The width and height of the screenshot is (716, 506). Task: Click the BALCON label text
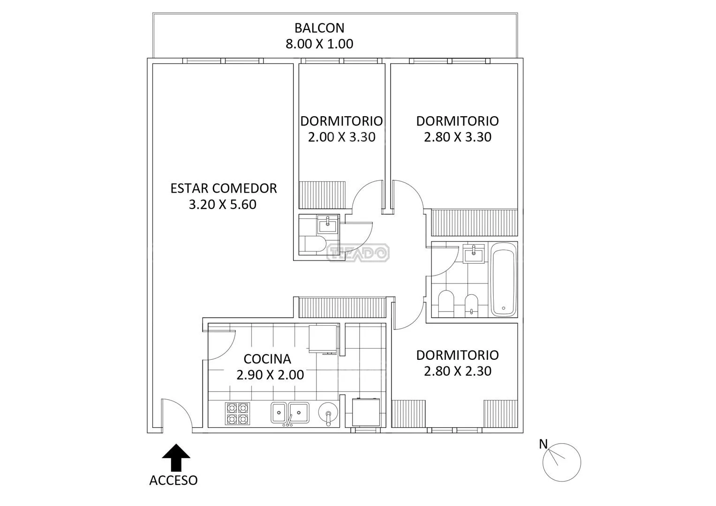tap(319, 28)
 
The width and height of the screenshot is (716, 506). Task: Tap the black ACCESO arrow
tap(176, 457)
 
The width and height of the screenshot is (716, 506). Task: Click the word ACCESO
tap(173, 480)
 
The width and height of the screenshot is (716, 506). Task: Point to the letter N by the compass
tap(543, 444)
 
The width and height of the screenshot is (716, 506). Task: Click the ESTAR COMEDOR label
tap(224, 188)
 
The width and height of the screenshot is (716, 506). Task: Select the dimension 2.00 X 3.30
tap(342, 137)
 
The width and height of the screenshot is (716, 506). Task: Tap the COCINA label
tap(267, 359)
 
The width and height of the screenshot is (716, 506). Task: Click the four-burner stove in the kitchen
tap(238, 413)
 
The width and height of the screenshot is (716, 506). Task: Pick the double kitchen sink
tap(290, 413)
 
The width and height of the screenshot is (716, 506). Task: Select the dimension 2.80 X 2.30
tap(458, 371)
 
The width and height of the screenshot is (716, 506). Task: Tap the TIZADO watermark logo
tap(358, 253)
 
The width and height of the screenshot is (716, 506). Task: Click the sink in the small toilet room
tap(327, 224)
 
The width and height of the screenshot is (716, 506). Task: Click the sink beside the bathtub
tap(474, 254)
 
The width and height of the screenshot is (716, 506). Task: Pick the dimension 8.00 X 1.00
tap(319, 44)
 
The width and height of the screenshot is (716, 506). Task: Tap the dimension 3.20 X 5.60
tap(222, 205)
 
